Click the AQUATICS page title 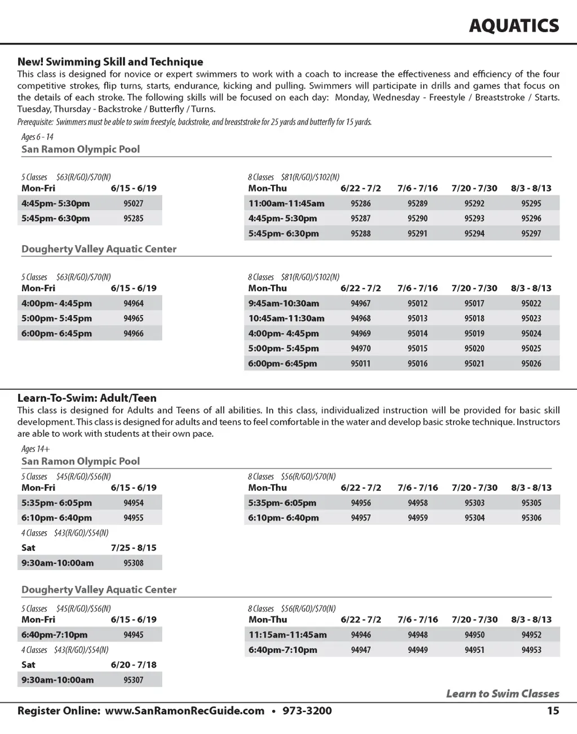point(514,25)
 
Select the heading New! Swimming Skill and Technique point(110,62)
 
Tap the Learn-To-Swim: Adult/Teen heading point(87,398)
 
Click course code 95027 point(134,203)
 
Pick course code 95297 point(531,233)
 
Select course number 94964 point(134,303)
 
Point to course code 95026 point(531,363)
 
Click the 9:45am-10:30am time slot point(283,303)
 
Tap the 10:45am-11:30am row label point(286,318)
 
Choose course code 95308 point(134,563)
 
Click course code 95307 point(134,680)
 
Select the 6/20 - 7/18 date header point(134,665)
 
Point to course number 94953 point(531,650)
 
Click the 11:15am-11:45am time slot point(287,635)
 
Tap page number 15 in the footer point(553,710)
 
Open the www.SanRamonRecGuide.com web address point(185,710)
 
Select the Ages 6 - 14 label point(37,137)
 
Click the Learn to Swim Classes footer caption point(503,693)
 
